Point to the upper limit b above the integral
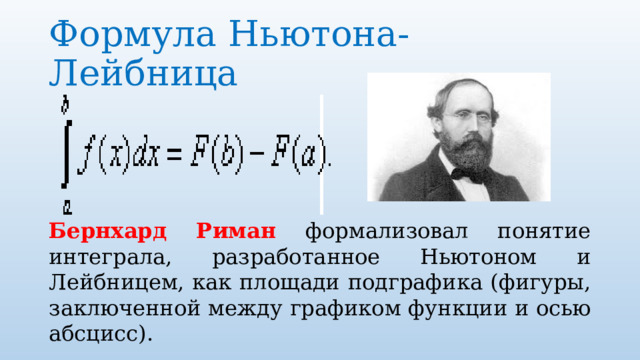pos(66,102)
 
